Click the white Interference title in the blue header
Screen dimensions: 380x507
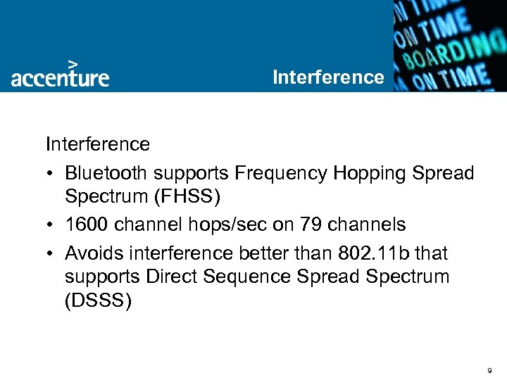(328, 77)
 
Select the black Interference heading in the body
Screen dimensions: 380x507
(98, 144)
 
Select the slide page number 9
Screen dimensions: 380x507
(489, 369)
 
